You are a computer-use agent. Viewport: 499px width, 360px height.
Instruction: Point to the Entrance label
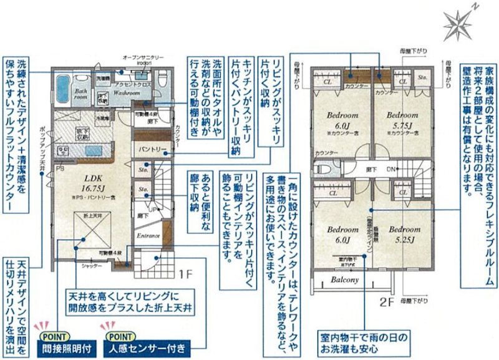point(148,236)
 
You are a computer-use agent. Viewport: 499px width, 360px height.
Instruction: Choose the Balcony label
point(345,280)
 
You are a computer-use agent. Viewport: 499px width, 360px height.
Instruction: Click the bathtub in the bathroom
point(64,85)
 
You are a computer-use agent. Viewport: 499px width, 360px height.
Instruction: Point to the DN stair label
point(390,169)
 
